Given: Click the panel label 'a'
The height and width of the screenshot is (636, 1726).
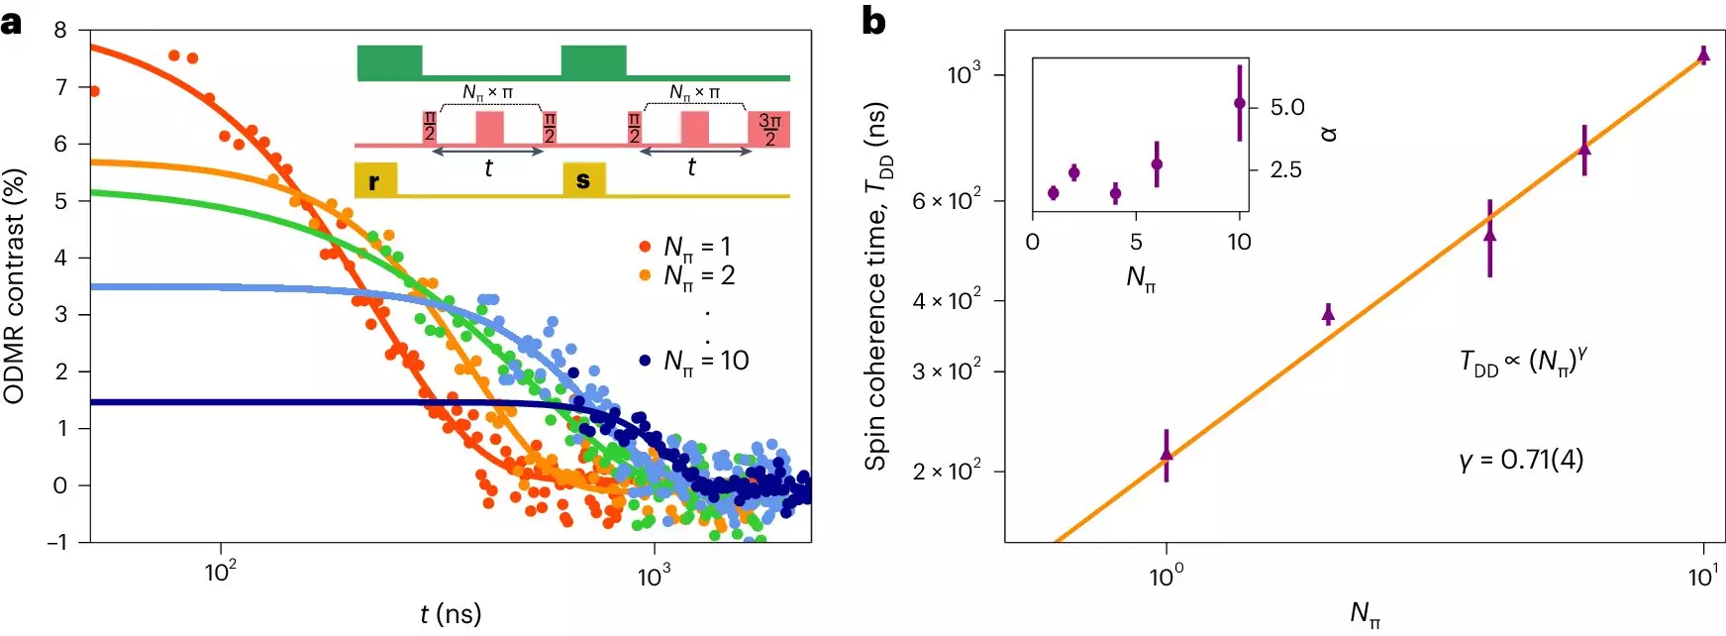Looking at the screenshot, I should [x=11, y=21].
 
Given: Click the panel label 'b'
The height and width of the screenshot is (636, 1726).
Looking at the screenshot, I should [x=873, y=21].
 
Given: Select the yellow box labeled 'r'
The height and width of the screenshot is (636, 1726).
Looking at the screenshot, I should [x=375, y=180].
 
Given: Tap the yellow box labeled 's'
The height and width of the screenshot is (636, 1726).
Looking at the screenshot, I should [x=583, y=179].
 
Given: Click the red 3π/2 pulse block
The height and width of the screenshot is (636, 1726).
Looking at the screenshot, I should [x=769, y=129].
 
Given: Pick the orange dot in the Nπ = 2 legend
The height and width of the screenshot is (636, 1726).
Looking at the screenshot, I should [x=645, y=275].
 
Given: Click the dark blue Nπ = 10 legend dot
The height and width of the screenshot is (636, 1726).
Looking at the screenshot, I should [x=645, y=361].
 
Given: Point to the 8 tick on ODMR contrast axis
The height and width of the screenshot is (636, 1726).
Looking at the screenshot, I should [x=61, y=31].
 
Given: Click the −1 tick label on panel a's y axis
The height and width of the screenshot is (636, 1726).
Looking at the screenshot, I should [x=57, y=542].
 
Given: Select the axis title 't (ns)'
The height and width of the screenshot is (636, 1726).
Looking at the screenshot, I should [x=451, y=614].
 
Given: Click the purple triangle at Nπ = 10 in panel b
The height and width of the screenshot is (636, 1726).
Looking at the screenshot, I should [x=1703, y=55].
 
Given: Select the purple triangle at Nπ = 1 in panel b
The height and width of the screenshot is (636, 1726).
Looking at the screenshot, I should [x=1167, y=454].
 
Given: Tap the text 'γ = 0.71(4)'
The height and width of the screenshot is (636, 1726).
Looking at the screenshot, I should [x=1521, y=460].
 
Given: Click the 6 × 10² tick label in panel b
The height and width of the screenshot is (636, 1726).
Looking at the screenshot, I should [x=947, y=201].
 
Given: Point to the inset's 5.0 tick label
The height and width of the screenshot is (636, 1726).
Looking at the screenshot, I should [x=1287, y=107].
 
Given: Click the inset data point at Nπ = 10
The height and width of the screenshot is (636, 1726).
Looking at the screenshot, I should [x=1239, y=103].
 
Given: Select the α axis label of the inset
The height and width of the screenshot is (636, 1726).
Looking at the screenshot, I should [x=1331, y=133].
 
